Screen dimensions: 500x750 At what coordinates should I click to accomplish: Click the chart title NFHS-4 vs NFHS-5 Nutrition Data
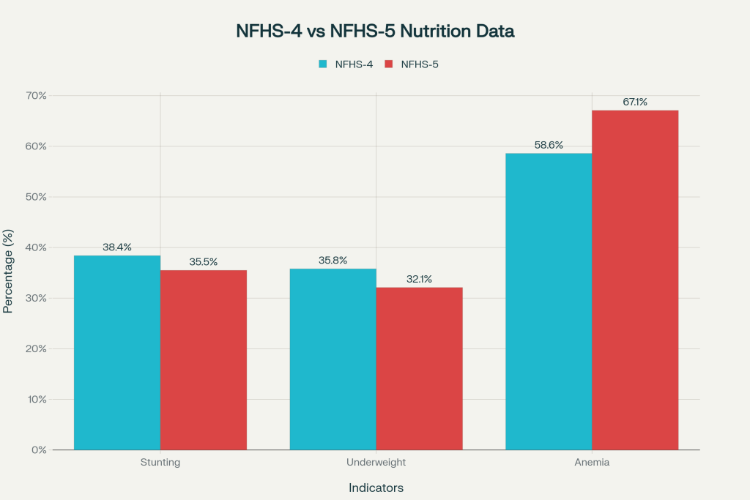pos(375,31)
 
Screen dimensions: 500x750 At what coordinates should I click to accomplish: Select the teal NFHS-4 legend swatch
pos(323,64)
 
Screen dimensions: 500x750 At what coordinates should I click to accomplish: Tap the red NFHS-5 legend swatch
pos(388,64)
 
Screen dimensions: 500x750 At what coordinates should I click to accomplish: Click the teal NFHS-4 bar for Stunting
pos(117,352)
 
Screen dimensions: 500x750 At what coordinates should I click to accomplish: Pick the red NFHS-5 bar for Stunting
pos(204,359)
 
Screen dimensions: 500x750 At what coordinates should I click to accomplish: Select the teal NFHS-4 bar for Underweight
pos(333,359)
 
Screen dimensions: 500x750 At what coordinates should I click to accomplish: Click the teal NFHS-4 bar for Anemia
pos(549,301)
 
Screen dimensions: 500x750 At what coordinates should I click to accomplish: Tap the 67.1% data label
pos(635,102)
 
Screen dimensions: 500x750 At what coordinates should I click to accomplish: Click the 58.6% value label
pos(549,145)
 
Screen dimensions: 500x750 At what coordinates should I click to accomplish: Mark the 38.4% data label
pos(117,247)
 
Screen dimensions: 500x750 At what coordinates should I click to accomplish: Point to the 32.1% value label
pos(419,279)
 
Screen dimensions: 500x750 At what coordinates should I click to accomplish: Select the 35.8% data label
pos(333,261)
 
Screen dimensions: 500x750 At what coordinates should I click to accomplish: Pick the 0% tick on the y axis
pos(39,449)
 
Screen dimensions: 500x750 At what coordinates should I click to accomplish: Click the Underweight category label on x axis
pos(376,463)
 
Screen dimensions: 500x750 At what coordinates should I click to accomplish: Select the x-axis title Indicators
pos(376,488)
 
